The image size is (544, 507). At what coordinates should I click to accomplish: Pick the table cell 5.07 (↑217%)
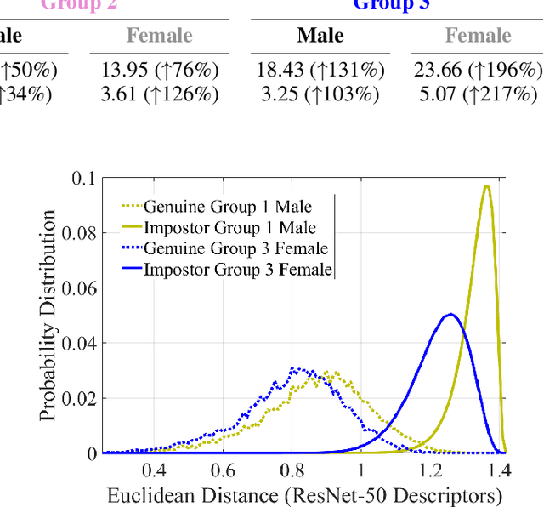click(x=478, y=94)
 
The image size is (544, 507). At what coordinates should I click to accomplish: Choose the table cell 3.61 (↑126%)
click(x=160, y=94)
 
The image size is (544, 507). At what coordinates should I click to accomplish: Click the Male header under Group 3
click(x=320, y=36)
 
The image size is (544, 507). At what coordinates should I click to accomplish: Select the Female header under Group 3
click(x=479, y=36)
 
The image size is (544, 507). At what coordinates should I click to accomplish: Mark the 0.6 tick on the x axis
click(x=223, y=470)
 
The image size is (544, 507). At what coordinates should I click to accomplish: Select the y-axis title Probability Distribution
click(x=49, y=316)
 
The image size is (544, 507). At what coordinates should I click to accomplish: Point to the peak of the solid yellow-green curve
click(x=486, y=186)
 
